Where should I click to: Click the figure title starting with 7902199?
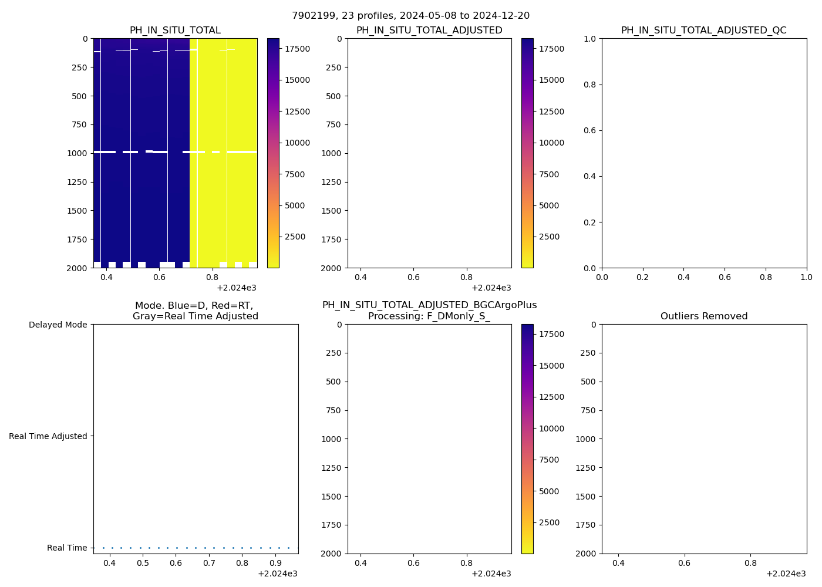point(410,16)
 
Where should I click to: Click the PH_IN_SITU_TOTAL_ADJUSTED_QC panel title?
point(703,31)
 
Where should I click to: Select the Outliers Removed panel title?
point(703,316)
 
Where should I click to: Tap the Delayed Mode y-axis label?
point(58,325)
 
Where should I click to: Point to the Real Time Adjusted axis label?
point(48,436)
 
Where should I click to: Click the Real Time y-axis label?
point(67,548)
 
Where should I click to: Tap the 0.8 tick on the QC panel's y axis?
point(589,85)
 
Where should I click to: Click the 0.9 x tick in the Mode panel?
point(276,563)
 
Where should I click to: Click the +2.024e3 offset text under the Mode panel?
point(277,573)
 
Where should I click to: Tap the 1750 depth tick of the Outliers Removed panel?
point(585,525)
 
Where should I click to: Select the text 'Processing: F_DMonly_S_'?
point(429,316)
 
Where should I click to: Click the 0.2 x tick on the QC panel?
point(643,277)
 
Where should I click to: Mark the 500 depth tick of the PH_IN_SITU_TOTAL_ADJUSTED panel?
point(333,96)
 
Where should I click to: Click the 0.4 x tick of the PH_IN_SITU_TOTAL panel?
point(106,277)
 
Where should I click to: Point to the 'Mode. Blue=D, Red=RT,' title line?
point(194,306)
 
